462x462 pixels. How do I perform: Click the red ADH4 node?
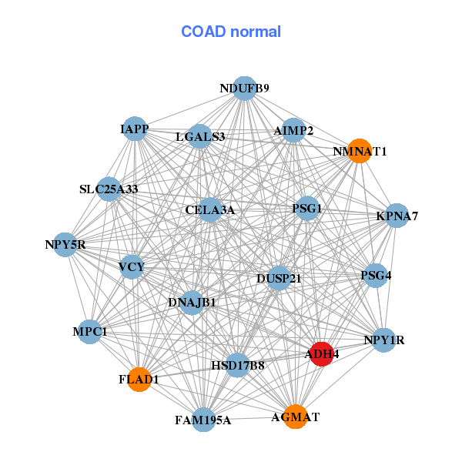(320, 353)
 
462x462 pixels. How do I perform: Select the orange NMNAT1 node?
(359, 151)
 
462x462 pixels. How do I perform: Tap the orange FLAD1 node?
(139, 379)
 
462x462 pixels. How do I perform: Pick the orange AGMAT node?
(295, 417)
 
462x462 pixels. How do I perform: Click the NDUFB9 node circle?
(244, 89)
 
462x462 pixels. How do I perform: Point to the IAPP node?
(135, 129)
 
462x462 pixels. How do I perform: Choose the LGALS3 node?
(199, 137)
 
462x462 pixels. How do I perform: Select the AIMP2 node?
(293, 130)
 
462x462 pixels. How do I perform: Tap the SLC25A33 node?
(109, 189)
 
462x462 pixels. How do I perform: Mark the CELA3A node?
(210, 209)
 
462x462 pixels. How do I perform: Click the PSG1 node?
(307, 208)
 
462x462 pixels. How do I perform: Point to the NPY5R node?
(65, 246)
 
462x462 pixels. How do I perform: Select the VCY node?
(132, 267)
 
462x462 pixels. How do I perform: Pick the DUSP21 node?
(279, 277)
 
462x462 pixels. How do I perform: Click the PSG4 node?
(376, 274)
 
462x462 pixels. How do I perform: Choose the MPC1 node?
(90, 332)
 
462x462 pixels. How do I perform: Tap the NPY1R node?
(383, 340)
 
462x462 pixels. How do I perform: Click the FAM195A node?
(203, 420)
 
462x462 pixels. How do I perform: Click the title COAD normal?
(231, 32)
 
